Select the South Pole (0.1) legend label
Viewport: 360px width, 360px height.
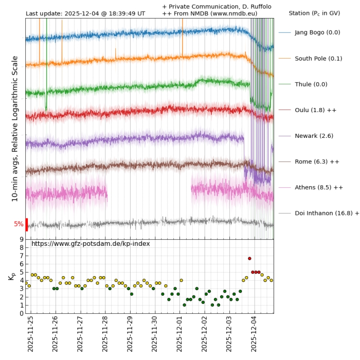click(x=318, y=58)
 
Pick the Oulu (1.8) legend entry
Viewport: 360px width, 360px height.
click(x=315, y=110)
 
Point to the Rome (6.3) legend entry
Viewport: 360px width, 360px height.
click(x=317, y=161)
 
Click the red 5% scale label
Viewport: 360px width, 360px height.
click(x=19, y=224)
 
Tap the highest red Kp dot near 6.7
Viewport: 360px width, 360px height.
click(x=249, y=258)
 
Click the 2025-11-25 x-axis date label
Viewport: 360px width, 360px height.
click(x=30, y=334)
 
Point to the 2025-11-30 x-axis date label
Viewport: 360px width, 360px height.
click(x=155, y=334)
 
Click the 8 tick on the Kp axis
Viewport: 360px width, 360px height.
click(x=21, y=247)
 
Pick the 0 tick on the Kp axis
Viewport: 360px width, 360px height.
click(x=21, y=313)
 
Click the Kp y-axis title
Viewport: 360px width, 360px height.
click(x=12, y=276)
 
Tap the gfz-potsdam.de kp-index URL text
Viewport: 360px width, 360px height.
click(x=91, y=243)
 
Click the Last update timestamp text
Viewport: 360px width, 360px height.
click(x=85, y=13)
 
